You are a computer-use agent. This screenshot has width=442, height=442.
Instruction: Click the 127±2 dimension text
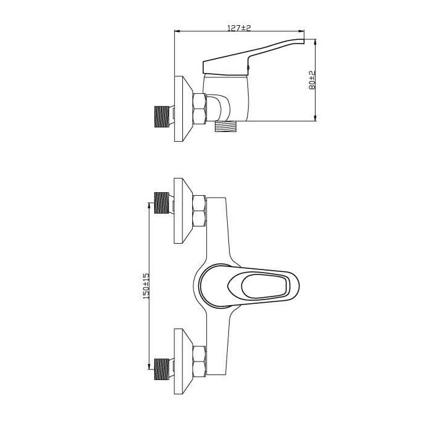point(240,28)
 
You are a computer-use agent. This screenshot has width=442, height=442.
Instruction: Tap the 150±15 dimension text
point(145,285)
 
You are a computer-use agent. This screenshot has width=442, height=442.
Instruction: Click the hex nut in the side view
point(200,109)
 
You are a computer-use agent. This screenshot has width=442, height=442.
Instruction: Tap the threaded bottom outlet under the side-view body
point(226,126)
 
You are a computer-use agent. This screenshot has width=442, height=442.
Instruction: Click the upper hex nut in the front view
point(200,211)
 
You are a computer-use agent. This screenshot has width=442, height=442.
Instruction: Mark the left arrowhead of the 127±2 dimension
point(178,32)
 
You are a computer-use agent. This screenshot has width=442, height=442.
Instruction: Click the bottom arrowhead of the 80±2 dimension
point(316,118)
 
